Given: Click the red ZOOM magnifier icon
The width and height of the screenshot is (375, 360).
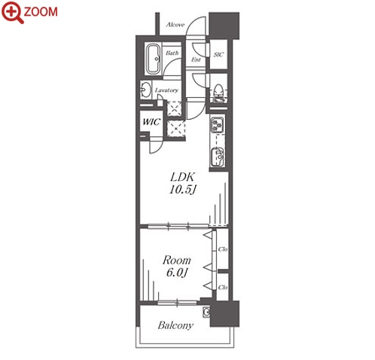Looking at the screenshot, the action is click(13, 12).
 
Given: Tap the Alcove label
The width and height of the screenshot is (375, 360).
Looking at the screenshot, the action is click(175, 25).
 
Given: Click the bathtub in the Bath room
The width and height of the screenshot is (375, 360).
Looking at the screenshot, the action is click(154, 59).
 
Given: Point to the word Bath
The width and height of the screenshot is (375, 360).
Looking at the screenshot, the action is click(172, 53).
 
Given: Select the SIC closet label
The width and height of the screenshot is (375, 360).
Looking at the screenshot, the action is click(218, 54).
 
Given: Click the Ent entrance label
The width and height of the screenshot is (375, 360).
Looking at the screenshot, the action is click(196, 59).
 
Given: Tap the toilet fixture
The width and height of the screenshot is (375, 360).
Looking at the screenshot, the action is click(218, 91).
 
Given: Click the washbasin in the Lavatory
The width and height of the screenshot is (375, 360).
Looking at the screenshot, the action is click(145, 90).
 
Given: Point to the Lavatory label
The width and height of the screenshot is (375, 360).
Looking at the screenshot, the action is click(166, 90).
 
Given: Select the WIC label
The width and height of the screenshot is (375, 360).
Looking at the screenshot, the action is click(151, 122).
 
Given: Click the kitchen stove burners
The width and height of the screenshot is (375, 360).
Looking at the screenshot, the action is click(218, 125).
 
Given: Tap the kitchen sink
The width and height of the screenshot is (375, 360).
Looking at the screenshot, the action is click(218, 157).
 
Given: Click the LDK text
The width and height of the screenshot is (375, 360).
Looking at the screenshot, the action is click(182, 177).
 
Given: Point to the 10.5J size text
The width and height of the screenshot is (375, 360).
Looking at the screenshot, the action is click(182, 189).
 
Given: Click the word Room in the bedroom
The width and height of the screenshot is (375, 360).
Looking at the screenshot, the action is click(177, 261).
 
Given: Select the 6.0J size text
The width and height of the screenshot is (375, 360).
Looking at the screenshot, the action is click(177, 273).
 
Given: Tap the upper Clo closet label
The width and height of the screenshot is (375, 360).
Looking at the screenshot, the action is click(223, 249).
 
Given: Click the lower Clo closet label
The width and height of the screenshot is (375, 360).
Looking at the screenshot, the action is click(223, 287).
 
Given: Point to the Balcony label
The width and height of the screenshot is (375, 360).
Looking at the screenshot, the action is click(175, 325).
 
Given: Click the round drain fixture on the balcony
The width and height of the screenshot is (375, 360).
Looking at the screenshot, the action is click(206, 313).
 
